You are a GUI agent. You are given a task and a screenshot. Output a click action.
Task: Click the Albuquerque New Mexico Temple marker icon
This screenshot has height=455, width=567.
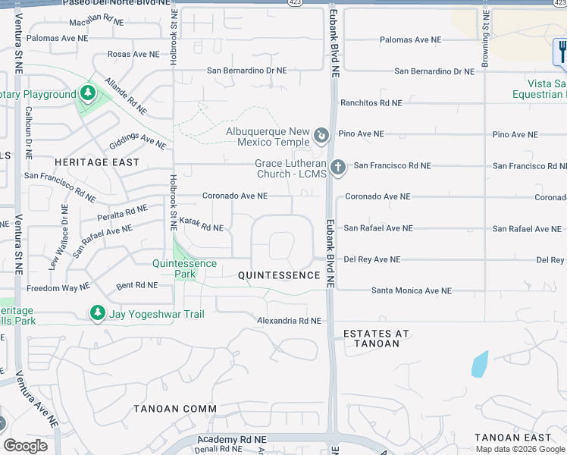pos(321,136)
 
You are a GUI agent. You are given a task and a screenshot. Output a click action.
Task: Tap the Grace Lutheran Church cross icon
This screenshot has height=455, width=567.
pos(338,166)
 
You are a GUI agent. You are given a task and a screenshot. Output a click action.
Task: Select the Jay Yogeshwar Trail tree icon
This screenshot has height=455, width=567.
pos(97,312)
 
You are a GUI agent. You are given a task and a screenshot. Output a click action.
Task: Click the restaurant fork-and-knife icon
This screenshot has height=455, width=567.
pos(562,52)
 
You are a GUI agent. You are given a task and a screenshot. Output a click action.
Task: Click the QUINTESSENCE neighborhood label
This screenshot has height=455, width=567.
pos(279,275)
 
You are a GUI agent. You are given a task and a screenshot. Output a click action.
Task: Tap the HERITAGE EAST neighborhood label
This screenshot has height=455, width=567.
pos(97,162)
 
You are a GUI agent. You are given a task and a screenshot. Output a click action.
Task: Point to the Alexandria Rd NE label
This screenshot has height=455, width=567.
pos(290,321)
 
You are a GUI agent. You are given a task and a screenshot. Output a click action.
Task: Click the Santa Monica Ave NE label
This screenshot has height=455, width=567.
pos(411,290)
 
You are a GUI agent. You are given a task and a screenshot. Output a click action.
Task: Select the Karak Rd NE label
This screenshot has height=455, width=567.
pos(201,227)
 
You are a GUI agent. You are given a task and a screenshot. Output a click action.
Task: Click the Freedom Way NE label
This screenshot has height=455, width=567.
pos(58,288)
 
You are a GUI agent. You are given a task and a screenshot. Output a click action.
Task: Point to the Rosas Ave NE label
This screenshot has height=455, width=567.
pos(133,55)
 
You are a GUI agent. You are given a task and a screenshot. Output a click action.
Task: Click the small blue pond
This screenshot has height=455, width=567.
pos(479,364)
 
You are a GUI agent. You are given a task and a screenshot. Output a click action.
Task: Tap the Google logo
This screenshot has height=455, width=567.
pos(25,446)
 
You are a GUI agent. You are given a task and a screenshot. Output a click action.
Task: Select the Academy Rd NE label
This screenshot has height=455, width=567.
pos(232,439)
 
